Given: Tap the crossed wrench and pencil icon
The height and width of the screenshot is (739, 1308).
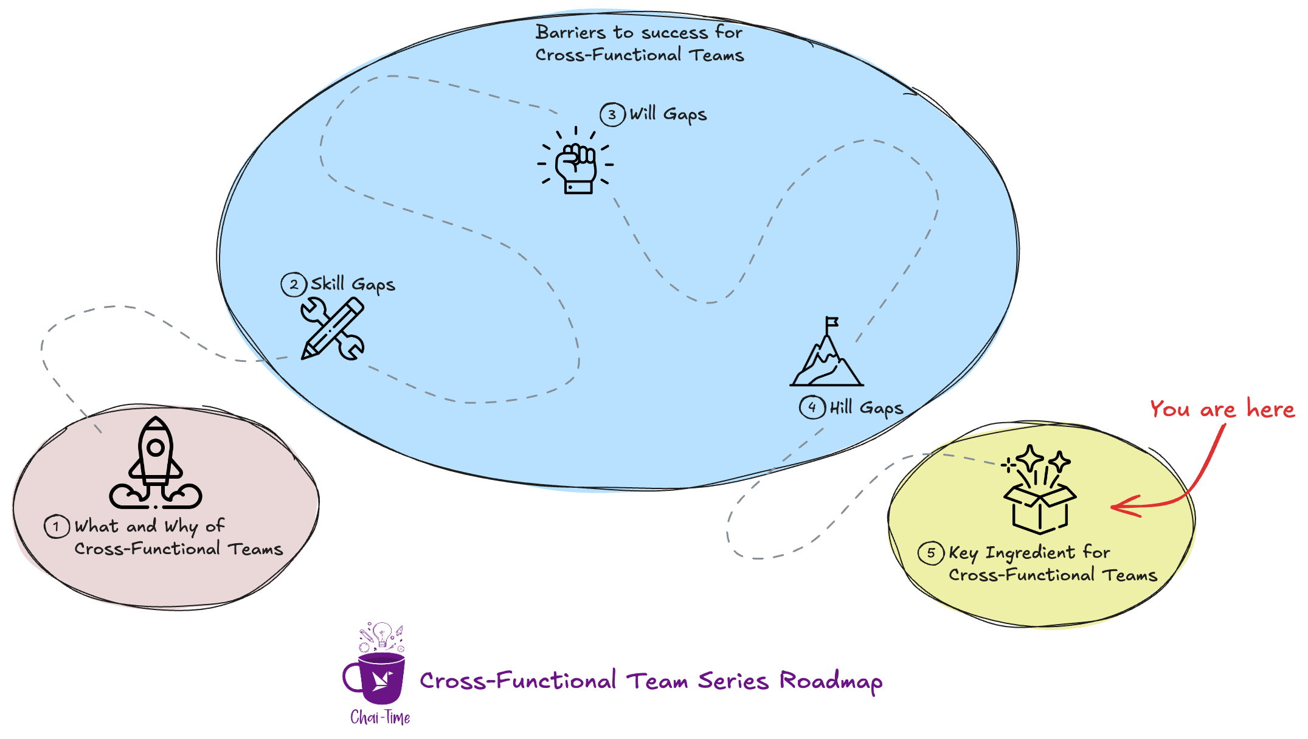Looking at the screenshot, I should (x=332, y=328).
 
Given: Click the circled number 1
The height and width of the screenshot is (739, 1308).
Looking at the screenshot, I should (x=56, y=526).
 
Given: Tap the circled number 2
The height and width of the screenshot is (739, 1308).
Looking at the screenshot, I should (x=294, y=284).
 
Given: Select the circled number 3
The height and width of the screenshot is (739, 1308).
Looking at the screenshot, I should (x=612, y=114).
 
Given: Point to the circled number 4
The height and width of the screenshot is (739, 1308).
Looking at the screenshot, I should (x=812, y=407).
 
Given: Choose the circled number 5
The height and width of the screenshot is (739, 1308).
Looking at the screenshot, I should (x=931, y=553).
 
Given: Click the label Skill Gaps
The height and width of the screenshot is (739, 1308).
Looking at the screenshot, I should (x=353, y=284).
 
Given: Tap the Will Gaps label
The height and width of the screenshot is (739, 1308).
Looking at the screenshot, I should (x=668, y=114).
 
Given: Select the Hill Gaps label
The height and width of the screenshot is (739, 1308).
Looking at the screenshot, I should (x=867, y=408).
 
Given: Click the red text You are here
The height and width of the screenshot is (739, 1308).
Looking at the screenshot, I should (x=1222, y=409).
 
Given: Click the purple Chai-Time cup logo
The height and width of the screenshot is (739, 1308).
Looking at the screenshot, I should (x=379, y=675).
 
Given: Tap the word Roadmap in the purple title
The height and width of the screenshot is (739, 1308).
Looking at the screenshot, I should (x=831, y=681).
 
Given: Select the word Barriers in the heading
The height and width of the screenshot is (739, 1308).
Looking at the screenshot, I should (x=570, y=32).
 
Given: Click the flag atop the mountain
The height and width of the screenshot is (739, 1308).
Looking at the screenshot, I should (x=832, y=322).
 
